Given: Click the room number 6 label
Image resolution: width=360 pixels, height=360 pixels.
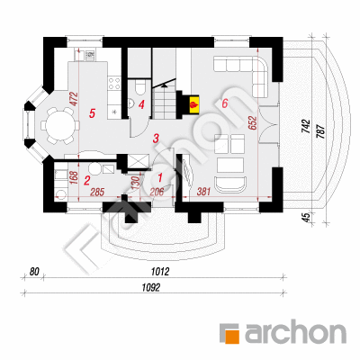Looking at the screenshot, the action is [225, 103].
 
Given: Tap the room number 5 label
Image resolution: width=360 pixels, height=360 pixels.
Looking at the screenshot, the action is [93, 113].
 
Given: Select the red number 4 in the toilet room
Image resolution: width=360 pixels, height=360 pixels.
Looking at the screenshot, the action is [141, 104].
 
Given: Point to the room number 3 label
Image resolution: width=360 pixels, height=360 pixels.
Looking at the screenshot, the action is [156, 139].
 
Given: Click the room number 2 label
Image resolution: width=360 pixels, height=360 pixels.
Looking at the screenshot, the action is [87, 181].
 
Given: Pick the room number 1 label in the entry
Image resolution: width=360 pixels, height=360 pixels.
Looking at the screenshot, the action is [160, 177].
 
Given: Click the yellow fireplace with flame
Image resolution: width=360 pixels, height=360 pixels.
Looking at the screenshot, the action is [193, 105].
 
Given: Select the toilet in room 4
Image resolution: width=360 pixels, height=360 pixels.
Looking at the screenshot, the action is [139, 86].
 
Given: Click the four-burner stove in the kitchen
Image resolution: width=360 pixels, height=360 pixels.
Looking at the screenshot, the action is [114, 83].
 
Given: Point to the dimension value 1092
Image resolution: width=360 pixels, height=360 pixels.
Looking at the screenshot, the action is [151, 288].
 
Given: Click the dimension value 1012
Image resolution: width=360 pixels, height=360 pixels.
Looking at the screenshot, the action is [160, 272].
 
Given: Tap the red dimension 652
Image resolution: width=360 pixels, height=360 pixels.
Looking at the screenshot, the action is [253, 123].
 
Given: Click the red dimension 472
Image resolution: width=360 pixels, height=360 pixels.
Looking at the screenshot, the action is [74, 99].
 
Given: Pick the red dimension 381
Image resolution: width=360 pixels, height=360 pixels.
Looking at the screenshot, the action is [203, 191].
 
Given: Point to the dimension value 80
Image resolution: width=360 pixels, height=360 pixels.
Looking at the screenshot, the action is [34, 272].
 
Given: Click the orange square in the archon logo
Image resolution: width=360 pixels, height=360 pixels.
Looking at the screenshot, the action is [232, 337].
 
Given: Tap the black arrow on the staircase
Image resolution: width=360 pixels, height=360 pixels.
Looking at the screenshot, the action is [164, 85].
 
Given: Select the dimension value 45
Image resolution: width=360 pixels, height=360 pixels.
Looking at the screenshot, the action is [306, 217].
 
